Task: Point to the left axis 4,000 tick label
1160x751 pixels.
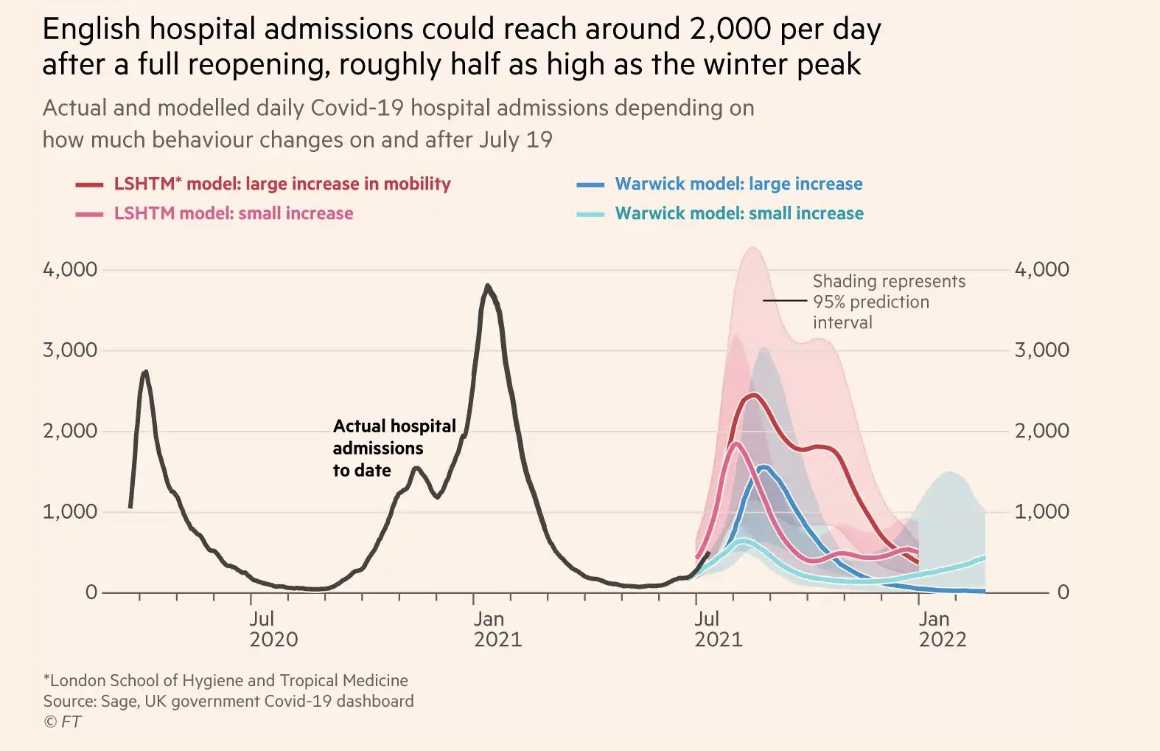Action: tap(70, 269)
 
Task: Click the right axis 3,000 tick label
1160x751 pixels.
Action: tap(1041, 350)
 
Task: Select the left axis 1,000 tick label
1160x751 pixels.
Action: tap(70, 511)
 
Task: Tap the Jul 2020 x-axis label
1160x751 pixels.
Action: tap(273, 629)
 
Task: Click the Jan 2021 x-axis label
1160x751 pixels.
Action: tap(497, 629)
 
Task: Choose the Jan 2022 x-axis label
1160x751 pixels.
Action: tap(942, 629)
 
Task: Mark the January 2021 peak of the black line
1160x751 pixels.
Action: tap(487, 286)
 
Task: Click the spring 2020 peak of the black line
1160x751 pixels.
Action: tap(145, 372)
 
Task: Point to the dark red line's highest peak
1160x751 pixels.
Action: tap(752, 395)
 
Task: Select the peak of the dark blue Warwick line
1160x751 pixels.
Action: tap(764, 467)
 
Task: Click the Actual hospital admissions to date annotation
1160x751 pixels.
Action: tap(394, 448)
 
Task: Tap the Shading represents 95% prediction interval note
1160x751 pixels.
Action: tap(888, 302)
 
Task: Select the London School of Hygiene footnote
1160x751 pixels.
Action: tap(226, 680)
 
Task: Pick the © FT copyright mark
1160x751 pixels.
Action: tap(62, 721)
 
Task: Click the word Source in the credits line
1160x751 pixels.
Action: tap(67, 701)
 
